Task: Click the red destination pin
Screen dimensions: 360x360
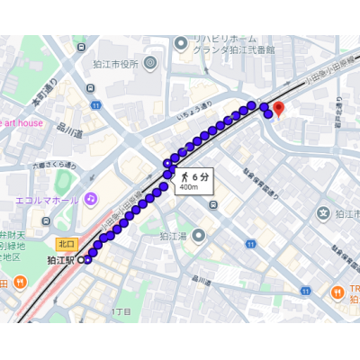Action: [x=278, y=109]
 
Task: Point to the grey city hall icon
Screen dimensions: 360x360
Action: [x=149, y=62]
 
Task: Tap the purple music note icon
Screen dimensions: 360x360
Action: [x=90, y=198]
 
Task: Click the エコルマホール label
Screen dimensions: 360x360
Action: [x=48, y=199]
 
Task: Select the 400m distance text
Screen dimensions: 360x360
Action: [x=187, y=187]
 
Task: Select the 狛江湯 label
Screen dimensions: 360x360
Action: [x=174, y=236]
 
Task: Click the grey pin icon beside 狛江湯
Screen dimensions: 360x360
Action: [x=198, y=235]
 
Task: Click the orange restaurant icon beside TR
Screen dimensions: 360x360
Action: [x=334, y=292]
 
